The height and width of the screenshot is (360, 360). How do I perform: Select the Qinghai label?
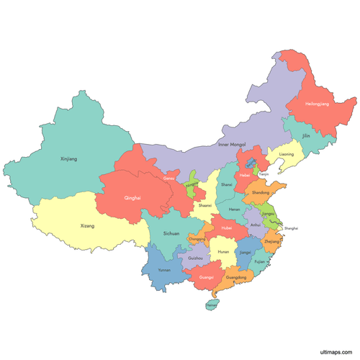tap(132, 198)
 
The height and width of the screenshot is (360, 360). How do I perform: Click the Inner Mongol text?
tap(232, 145)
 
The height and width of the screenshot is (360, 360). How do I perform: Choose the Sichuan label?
tap(171, 233)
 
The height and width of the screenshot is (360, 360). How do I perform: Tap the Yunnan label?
tap(165, 270)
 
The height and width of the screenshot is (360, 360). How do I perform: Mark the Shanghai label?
tap(291, 228)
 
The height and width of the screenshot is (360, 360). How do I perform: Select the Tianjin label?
tap(264, 174)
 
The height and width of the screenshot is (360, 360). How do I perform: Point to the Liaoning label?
tap(287, 154)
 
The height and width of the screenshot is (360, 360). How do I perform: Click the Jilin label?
tap(306, 135)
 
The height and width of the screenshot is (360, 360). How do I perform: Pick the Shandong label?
tap(261, 192)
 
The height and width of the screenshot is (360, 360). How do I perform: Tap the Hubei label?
tap(227, 228)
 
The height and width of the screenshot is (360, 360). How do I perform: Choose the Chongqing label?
tap(197, 238)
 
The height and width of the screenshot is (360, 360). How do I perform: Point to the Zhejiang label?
tap(272, 243)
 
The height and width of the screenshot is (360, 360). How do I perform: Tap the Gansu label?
tap(169, 178)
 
